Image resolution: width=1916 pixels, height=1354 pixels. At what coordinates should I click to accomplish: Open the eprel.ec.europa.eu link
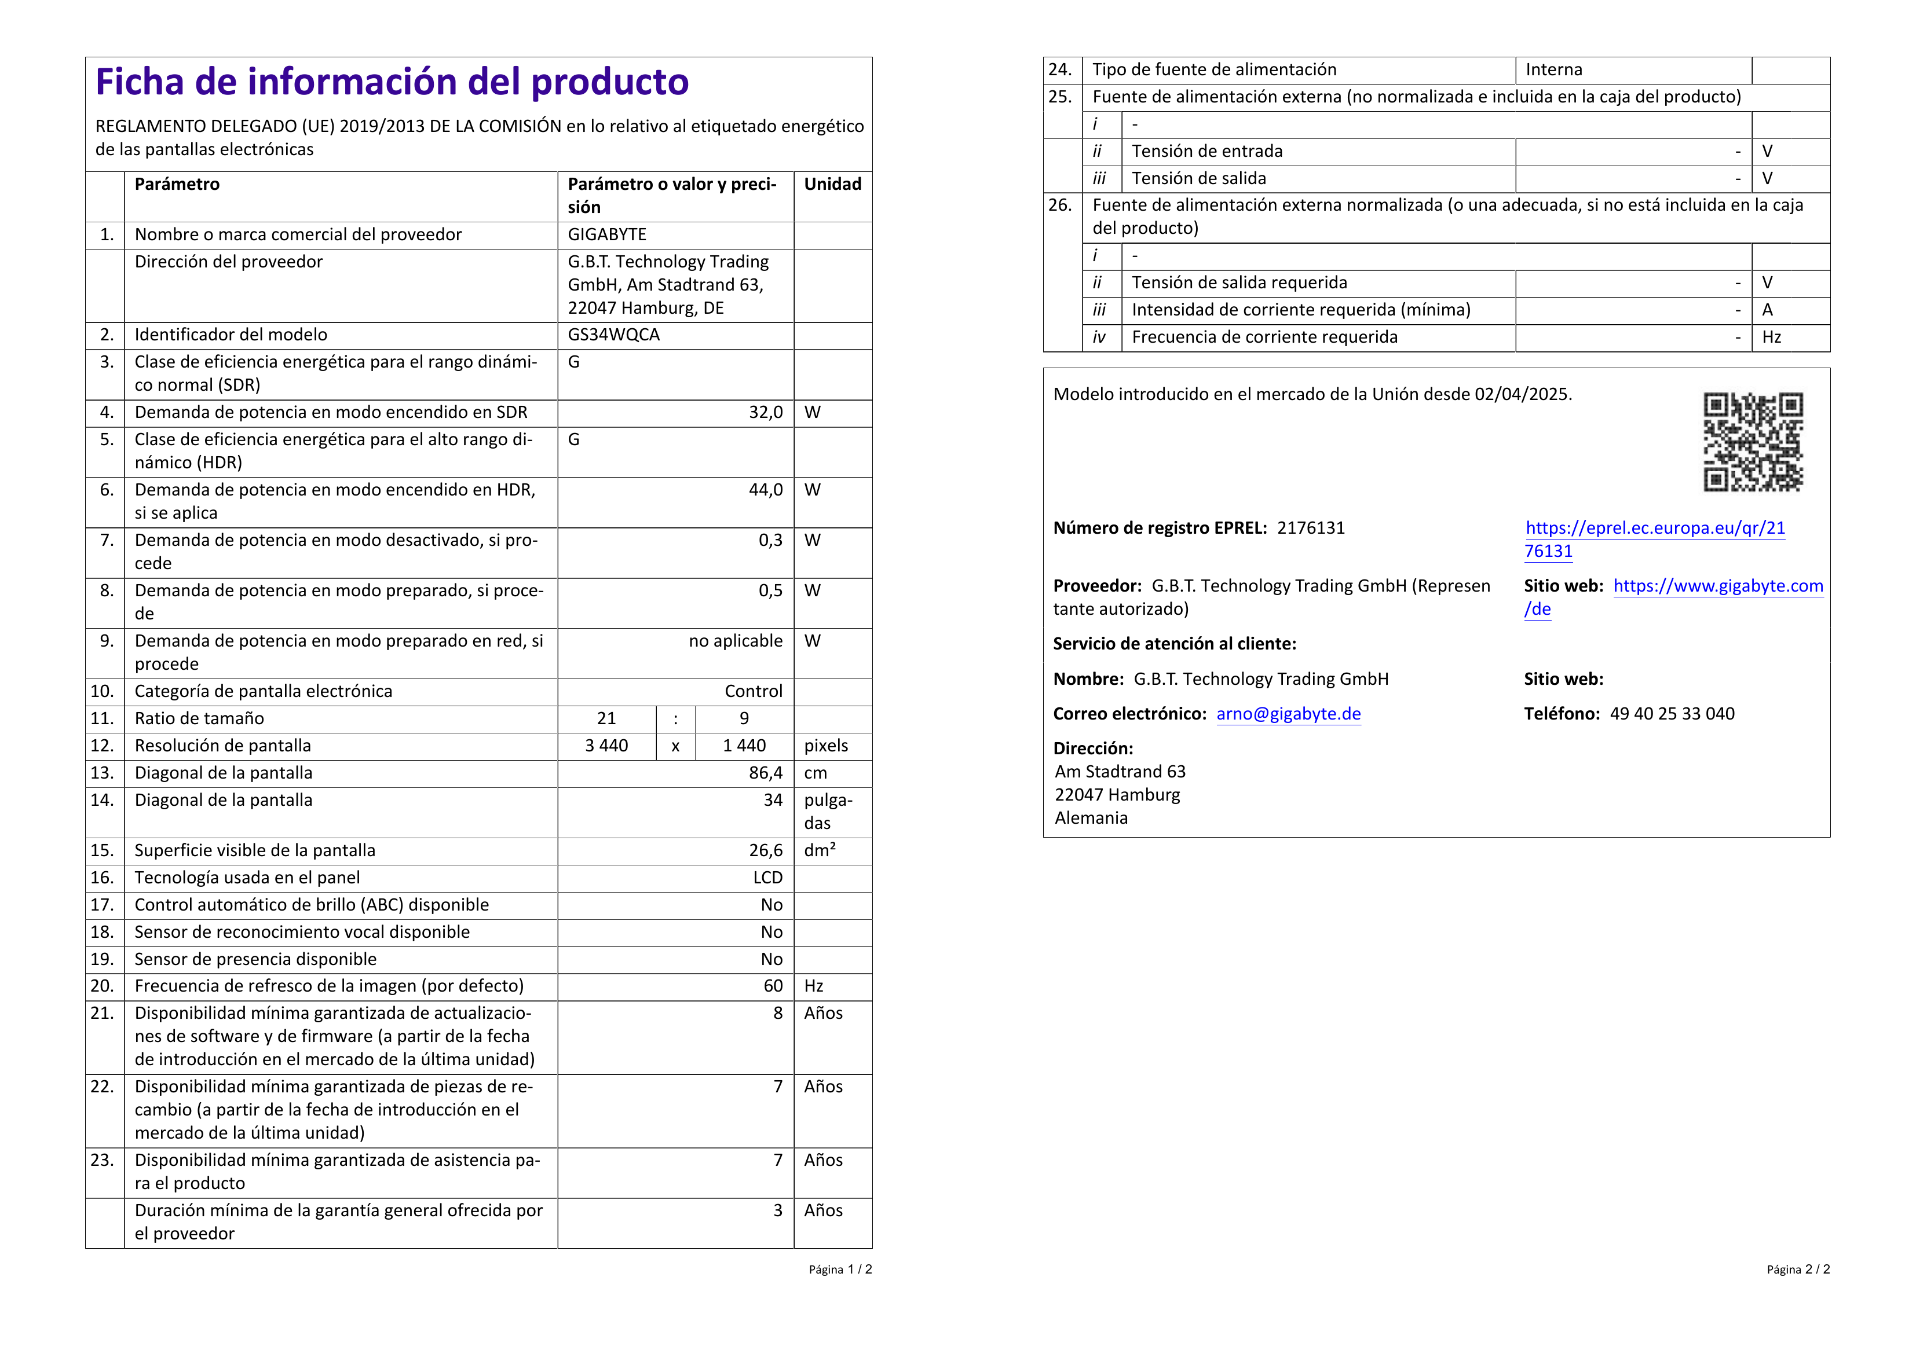[x=1655, y=528]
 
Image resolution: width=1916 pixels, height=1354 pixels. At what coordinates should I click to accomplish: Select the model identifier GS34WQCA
[x=613, y=335]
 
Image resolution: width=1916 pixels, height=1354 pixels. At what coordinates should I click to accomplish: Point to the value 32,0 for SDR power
[x=765, y=412]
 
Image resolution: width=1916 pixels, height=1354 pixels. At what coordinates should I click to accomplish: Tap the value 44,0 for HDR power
[x=765, y=490]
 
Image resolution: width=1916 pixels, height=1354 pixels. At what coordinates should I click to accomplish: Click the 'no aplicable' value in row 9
[x=735, y=641]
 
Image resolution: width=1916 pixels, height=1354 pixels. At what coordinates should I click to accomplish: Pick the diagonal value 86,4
[x=765, y=773]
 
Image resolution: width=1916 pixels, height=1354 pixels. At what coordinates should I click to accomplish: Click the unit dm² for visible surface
[x=820, y=850]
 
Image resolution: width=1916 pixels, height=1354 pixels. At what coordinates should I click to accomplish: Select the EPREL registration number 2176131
[x=1310, y=528]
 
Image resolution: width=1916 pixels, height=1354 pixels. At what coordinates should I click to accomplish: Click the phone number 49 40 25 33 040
[x=1672, y=714]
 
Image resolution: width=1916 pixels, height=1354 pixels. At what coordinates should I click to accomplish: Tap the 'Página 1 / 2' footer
[x=839, y=1269]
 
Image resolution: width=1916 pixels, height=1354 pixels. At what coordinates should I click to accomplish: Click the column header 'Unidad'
[x=832, y=184]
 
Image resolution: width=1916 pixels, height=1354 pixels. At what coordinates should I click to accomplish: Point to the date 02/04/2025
[x=1522, y=395]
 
